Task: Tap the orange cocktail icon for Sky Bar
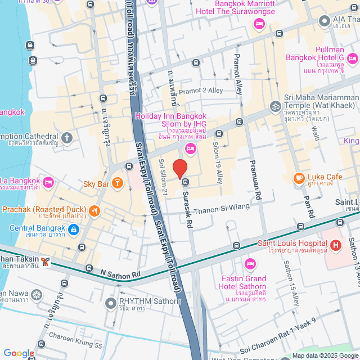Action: [117, 182]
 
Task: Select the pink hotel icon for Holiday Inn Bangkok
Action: [190, 148]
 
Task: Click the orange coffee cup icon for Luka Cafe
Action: [298, 178]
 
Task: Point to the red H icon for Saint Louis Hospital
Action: [336, 245]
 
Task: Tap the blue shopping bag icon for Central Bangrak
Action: [74, 229]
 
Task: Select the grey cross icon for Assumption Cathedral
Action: [67, 137]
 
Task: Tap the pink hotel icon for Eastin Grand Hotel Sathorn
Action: [250, 263]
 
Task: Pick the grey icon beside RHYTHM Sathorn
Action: [111, 303]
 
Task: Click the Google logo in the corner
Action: [19, 353]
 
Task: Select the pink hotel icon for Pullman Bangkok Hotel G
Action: [353, 57]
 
